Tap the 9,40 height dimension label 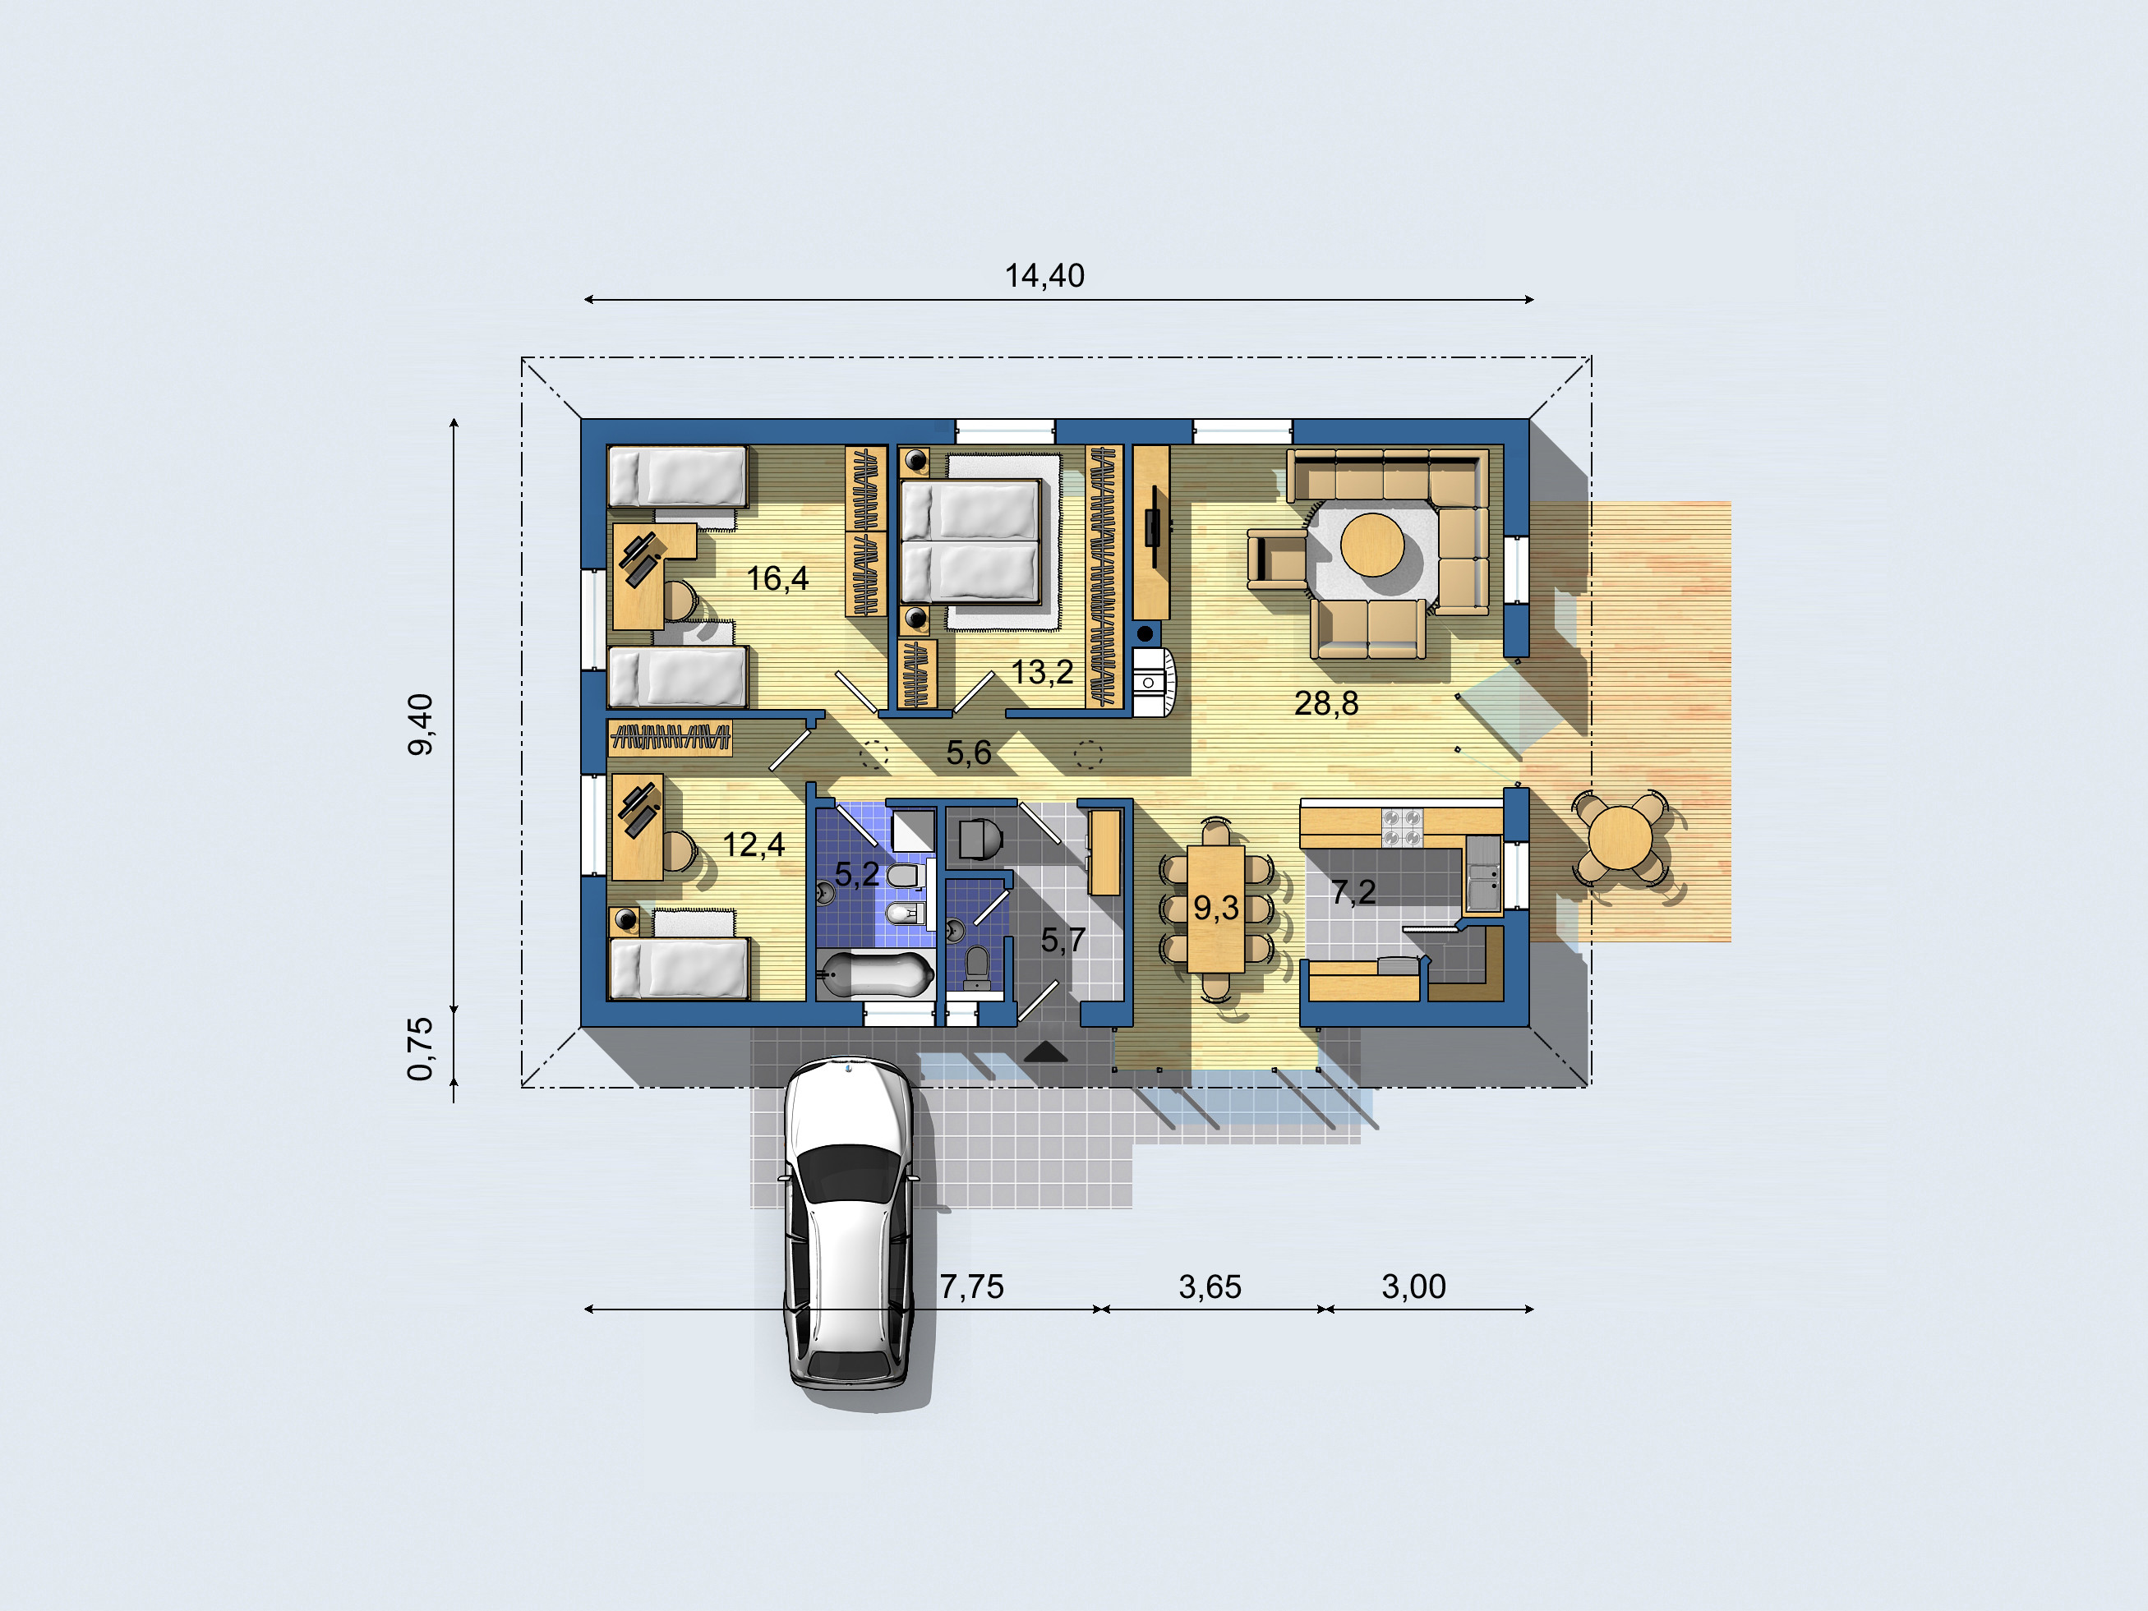coord(421,725)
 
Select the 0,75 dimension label coord(421,1049)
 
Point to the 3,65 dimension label coord(1210,1286)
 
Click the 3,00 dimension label coord(1414,1286)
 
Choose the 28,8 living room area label coord(1326,703)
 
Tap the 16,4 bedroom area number coord(777,578)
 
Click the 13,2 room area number coord(1042,672)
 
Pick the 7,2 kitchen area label coord(1353,891)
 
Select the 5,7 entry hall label coord(1063,940)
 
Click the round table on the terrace coord(1620,838)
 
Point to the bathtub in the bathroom coord(873,975)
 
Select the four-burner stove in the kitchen coord(1402,826)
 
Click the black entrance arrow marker coord(1046,1051)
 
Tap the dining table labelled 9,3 coord(1216,909)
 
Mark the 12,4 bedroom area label coord(754,845)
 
